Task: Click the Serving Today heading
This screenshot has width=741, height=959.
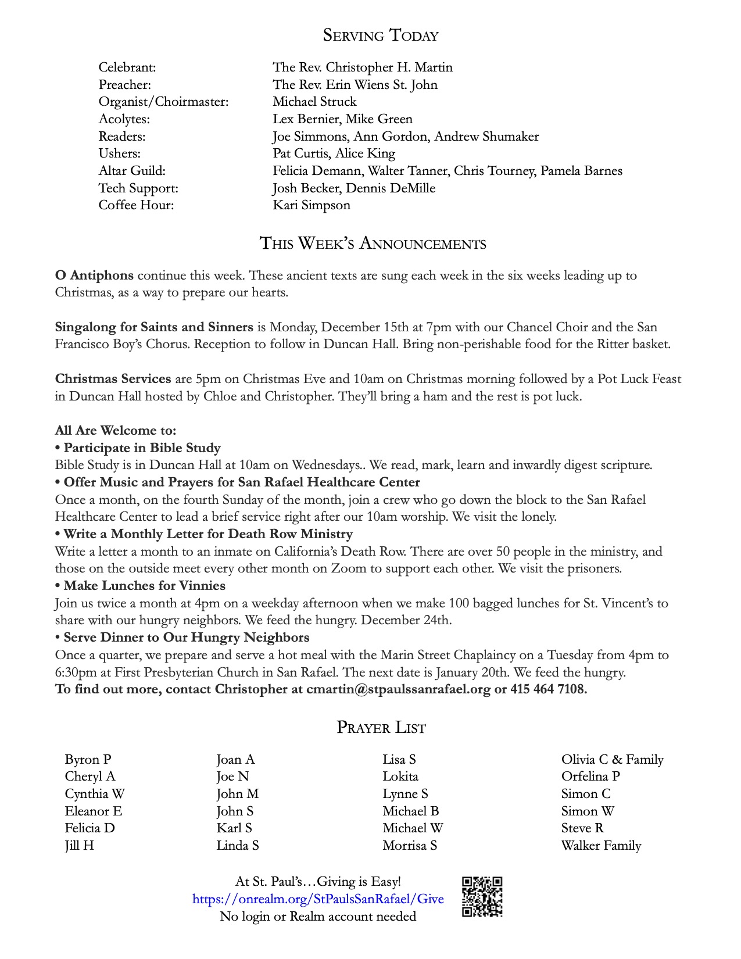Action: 381,35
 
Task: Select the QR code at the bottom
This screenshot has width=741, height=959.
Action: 482,897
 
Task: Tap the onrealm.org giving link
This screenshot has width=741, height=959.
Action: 318,899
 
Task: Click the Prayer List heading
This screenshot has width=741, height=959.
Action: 381,728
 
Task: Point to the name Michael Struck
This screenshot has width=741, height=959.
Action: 314,102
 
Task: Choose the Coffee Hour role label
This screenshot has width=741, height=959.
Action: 136,205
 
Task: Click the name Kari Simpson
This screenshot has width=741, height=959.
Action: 312,205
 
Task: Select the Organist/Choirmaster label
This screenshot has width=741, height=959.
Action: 163,102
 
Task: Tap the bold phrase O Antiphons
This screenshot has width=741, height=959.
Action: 94,275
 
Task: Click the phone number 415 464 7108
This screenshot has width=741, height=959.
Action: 549,689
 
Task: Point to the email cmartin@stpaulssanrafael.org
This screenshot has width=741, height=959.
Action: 399,689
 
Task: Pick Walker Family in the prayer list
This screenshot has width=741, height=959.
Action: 601,846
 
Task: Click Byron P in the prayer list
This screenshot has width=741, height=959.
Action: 88,760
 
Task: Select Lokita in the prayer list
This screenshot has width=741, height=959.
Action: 400,776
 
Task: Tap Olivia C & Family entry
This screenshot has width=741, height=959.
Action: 612,760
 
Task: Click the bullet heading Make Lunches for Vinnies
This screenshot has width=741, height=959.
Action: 144,586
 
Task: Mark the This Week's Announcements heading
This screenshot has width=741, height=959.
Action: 373,243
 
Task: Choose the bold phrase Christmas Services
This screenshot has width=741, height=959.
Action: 113,379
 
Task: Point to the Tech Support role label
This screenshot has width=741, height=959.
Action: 138,188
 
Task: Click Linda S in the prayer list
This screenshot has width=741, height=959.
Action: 237,846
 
